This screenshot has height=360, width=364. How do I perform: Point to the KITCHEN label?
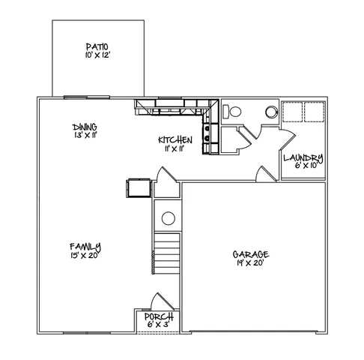(175, 140)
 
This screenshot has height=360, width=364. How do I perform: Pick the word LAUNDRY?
(303, 157)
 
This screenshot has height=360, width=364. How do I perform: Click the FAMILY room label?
(85, 247)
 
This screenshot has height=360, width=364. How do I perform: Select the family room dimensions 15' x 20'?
(85, 255)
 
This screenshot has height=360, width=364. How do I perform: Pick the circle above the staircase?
(169, 219)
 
